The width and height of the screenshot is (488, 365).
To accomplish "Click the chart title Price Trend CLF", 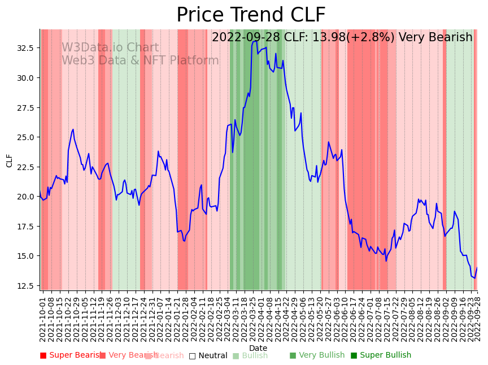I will click(x=251, y=15).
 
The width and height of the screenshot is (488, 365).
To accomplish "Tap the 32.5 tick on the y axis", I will click(x=24, y=47).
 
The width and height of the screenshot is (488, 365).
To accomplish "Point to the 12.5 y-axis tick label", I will click(x=24, y=285).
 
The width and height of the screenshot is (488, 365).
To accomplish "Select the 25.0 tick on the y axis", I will click(x=24, y=137).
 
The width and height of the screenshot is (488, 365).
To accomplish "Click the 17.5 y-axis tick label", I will click(x=24, y=226).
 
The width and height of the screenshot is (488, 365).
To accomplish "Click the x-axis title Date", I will click(x=258, y=349).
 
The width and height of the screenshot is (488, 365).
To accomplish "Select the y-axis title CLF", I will click(x=9, y=160).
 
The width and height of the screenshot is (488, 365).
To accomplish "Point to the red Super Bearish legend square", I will click(x=43, y=355).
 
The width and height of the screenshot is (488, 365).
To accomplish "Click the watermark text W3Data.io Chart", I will click(x=110, y=48).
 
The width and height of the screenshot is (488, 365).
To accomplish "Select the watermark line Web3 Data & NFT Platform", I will click(x=140, y=61).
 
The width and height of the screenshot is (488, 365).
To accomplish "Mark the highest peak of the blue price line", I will click(x=256, y=41).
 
